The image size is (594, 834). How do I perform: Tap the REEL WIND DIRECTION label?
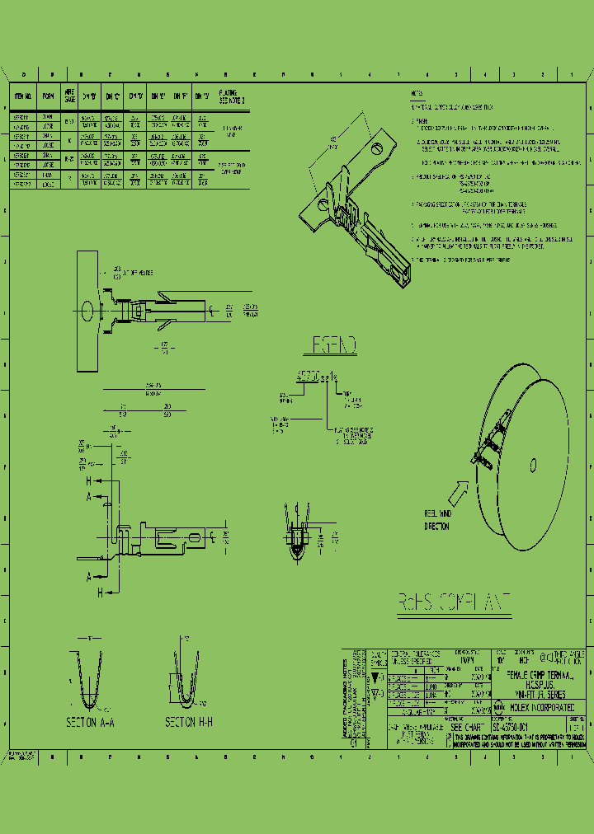pos(437,520)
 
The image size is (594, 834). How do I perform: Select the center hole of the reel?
pos(533,466)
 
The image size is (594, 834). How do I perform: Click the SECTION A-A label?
pos(89,721)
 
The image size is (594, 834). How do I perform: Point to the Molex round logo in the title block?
pos(499,706)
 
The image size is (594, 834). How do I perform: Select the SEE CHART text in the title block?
pos(467,728)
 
